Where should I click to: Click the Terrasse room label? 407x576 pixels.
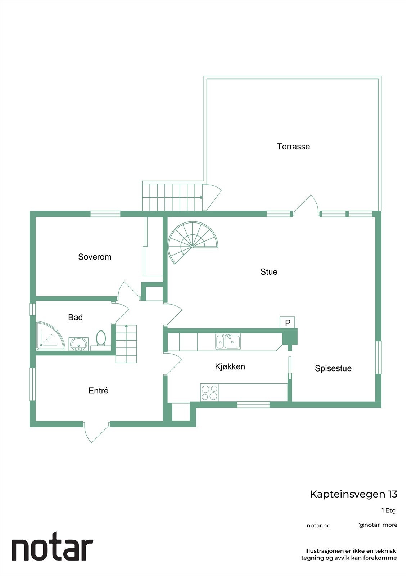click(x=293, y=147)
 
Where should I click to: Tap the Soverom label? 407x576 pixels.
click(x=95, y=257)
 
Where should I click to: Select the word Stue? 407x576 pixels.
click(x=269, y=272)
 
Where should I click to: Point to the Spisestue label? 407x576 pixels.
click(x=333, y=368)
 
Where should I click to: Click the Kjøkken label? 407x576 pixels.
click(x=230, y=366)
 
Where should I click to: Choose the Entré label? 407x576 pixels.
click(x=98, y=391)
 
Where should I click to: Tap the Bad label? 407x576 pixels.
click(x=75, y=317)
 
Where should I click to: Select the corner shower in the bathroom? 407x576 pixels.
click(x=49, y=336)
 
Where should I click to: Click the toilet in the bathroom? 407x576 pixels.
click(x=101, y=338)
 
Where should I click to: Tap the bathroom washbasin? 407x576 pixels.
click(x=78, y=343)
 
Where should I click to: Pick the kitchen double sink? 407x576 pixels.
click(x=228, y=341)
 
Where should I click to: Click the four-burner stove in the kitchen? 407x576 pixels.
click(x=209, y=392)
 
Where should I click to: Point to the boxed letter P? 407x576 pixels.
click(x=288, y=323)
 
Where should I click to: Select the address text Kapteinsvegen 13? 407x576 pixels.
click(x=353, y=494)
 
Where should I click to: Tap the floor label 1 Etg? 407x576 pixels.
click(x=388, y=510)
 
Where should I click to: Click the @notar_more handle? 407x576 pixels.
click(x=377, y=525)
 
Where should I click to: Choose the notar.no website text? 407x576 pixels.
click(x=318, y=526)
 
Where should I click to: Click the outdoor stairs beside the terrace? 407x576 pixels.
click(x=172, y=197)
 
